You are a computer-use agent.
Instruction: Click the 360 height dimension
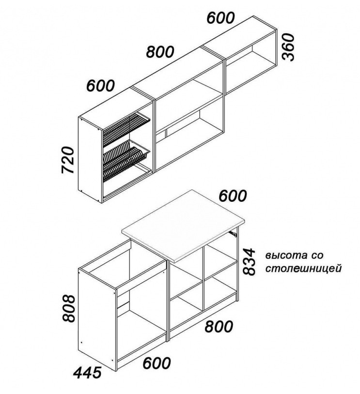click(289, 47)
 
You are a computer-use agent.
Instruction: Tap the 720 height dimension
click(68, 160)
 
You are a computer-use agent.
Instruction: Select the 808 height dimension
click(69, 309)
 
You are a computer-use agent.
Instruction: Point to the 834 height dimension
click(249, 261)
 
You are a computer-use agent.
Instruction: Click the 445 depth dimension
click(88, 372)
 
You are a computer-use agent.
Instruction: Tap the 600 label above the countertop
click(233, 196)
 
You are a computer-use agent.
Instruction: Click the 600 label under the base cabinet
click(157, 362)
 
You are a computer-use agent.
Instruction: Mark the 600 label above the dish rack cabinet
click(101, 86)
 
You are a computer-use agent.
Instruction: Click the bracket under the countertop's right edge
click(235, 234)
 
